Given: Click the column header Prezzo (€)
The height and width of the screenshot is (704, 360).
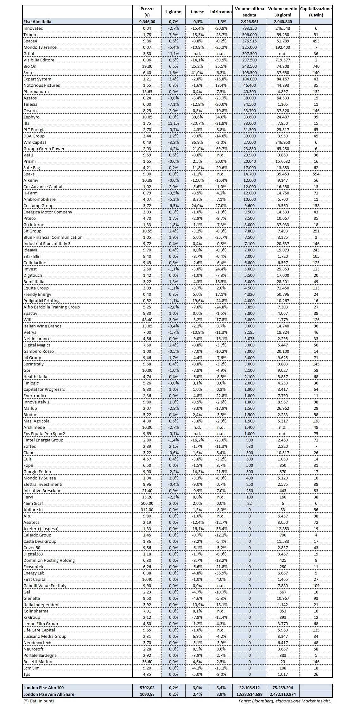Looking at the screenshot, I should pos(147,12).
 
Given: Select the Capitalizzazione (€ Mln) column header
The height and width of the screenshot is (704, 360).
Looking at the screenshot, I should pos(316,12).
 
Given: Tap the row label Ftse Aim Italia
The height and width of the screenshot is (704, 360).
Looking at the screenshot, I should pos(37,22).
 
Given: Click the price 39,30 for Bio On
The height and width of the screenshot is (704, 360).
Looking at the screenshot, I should pos(147,66).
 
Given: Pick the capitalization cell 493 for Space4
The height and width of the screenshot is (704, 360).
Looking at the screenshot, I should pos(316,41).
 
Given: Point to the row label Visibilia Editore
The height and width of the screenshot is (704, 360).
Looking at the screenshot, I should pos(39,60).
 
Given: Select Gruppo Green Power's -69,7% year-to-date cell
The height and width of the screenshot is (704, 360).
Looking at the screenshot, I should pos(221,149).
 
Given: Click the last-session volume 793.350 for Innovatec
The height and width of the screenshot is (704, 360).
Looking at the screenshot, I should pos(249,28).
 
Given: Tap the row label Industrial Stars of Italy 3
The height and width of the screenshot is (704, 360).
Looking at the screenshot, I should pos(47,244).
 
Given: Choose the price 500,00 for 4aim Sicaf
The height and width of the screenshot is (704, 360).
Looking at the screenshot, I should pos(147,503).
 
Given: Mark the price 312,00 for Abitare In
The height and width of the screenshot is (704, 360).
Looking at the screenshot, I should pos(147,510).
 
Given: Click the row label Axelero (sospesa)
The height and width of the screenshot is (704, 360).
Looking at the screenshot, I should pos(41,529).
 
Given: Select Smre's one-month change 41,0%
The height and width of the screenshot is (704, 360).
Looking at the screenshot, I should pos(197,73).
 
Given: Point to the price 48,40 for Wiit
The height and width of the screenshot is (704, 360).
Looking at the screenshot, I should pos(147,320).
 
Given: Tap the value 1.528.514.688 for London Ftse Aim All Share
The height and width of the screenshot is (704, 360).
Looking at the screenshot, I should pos(249,694).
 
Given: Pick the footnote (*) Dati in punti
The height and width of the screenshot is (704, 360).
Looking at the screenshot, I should pos(39,701).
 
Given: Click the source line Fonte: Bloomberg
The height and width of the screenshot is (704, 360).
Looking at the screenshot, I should pos(285,701).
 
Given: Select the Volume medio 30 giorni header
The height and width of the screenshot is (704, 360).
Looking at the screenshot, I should pos(283,12).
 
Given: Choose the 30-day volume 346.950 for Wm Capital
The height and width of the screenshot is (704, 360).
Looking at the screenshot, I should pos(283,142).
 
